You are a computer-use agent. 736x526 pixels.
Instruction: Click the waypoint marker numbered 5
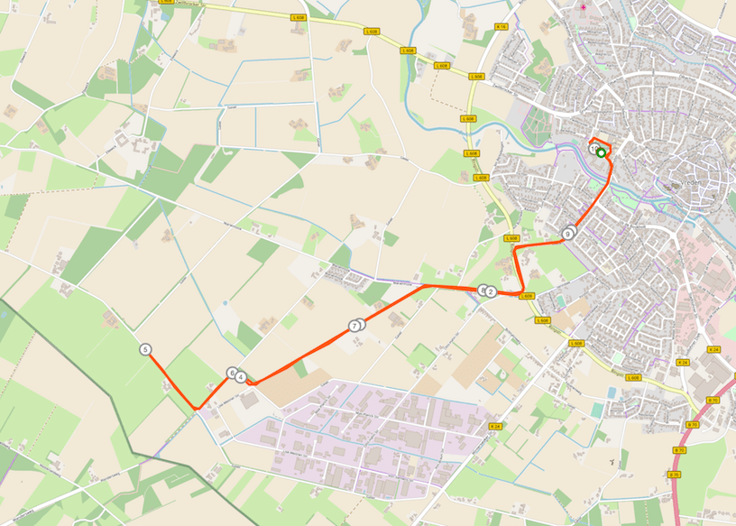tap(145, 349)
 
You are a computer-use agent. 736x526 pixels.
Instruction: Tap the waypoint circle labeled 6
tap(232, 373)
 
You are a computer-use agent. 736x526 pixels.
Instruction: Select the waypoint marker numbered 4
tap(241, 376)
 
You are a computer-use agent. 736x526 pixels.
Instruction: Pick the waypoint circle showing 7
tap(354, 326)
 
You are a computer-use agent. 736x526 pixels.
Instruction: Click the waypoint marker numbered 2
tap(491, 291)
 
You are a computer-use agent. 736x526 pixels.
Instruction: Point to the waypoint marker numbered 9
tap(567, 235)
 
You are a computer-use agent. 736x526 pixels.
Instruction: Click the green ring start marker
tap(601, 153)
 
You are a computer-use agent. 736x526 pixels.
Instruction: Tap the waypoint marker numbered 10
tap(593, 150)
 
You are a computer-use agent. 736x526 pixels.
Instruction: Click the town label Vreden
tap(691, 181)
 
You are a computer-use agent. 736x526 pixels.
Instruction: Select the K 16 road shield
tap(501, 27)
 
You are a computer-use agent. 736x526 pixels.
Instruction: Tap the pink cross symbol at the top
tap(584, 7)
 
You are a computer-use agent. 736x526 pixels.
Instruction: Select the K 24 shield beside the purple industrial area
tap(494, 426)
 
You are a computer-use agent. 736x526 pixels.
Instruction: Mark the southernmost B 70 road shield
tap(675, 475)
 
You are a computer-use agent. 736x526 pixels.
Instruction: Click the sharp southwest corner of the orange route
tap(196, 409)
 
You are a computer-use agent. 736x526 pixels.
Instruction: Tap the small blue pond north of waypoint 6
tap(225, 303)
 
